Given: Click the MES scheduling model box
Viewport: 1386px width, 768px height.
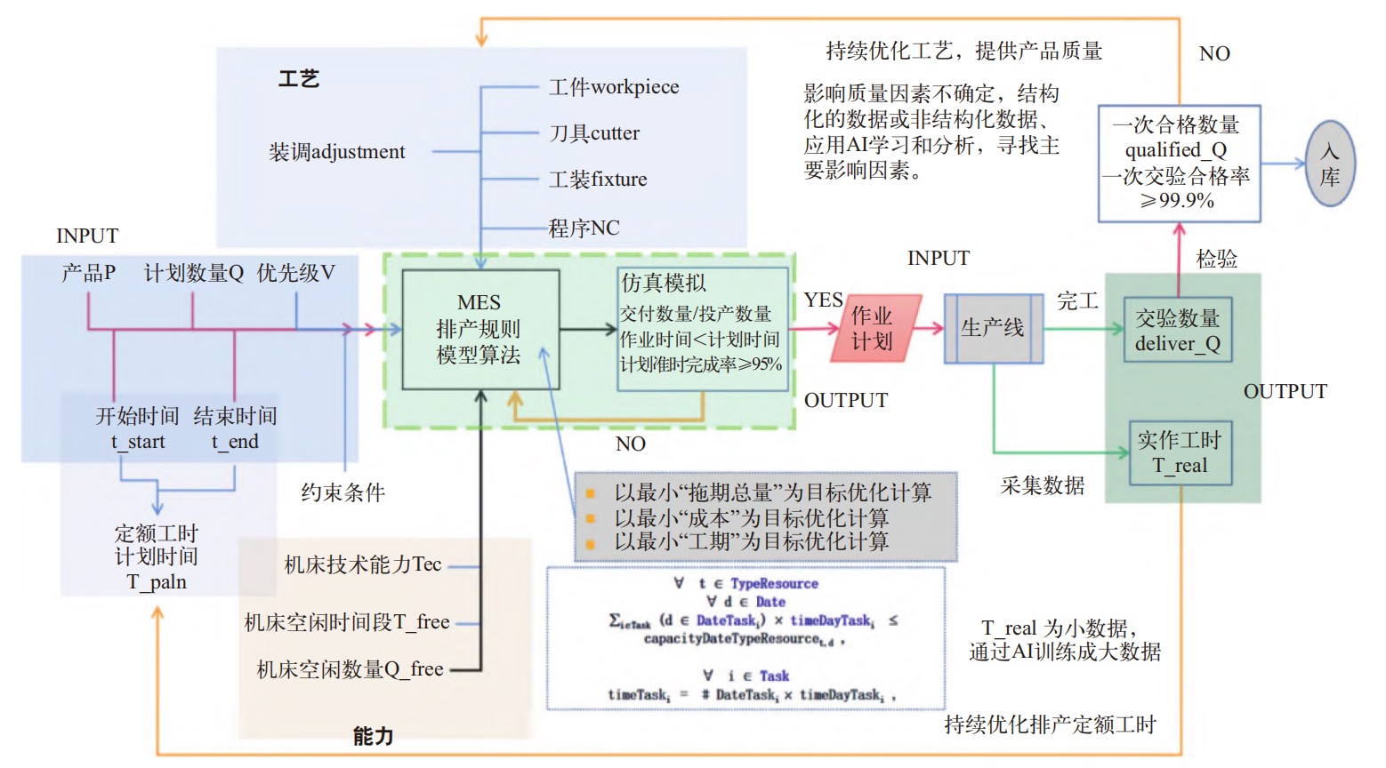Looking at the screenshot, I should click(x=480, y=329).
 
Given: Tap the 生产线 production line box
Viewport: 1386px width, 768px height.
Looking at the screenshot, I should click(x=993, y=328).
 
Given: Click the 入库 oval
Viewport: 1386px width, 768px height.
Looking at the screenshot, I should click(x=1330, y=164).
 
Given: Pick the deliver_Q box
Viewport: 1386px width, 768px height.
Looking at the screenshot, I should click(x=1177, y=330).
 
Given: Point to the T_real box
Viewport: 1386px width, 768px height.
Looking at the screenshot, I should click(x=1181, y=452).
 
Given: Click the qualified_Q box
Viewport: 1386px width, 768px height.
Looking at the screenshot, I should click(x=1179, y=163).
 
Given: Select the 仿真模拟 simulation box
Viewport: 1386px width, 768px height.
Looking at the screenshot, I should click(x=703, y=329).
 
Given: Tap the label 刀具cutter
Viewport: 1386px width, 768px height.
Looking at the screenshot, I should click(x=594, y=133).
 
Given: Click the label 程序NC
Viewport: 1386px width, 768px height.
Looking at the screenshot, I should click(x=584, y=228).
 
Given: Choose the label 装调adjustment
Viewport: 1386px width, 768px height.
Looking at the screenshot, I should click(x=337, y=152).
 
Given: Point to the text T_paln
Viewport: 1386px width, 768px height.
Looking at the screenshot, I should click(x=157, y=582).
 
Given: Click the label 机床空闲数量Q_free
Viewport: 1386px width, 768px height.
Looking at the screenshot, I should click(x=350, y=669).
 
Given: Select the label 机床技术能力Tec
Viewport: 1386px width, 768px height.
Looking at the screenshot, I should click(x=363, y=564).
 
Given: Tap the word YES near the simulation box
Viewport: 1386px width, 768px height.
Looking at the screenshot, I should click(x=823, y=300).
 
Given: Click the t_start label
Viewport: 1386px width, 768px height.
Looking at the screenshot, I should click(x=138, y=442).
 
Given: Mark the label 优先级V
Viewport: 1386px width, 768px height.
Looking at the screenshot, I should click(x=296, y=273).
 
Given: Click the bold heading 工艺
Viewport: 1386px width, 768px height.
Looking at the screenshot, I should click(x=299, y=79).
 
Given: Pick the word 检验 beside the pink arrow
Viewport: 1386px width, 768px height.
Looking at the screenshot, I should click(x=1216, y=259).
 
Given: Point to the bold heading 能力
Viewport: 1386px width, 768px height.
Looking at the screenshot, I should click(x=373, y=736).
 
